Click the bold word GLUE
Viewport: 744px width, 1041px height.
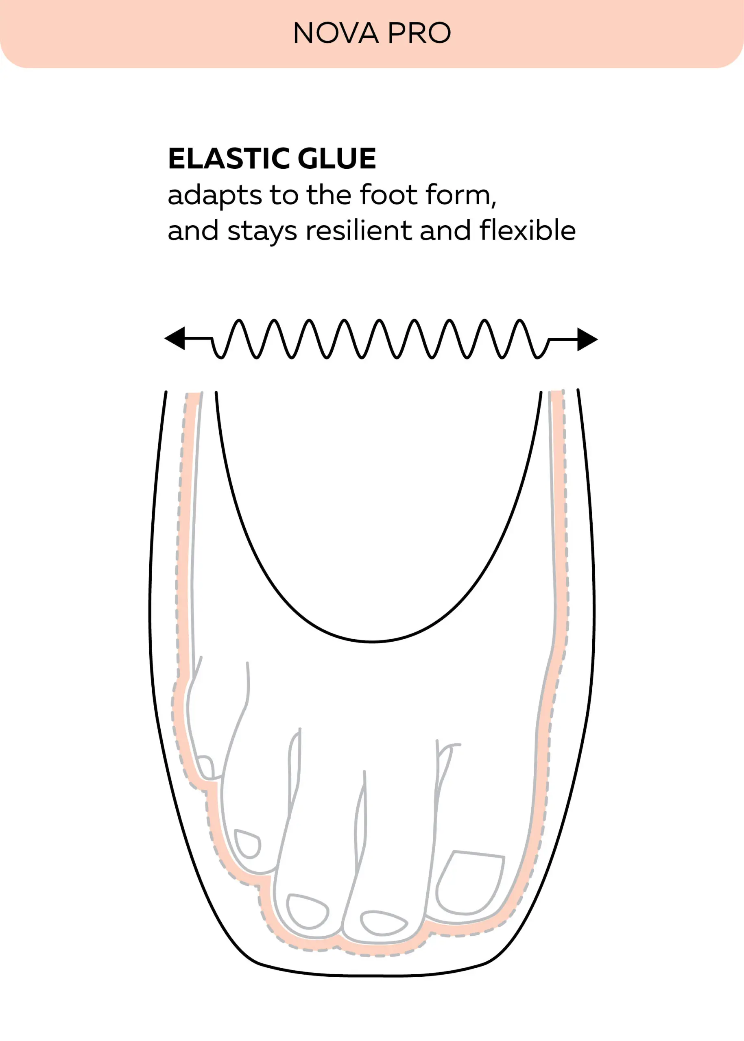337,159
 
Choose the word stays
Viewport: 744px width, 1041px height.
262,231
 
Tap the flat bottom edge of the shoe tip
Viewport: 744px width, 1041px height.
372,976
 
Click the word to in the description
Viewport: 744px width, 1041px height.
284,195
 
